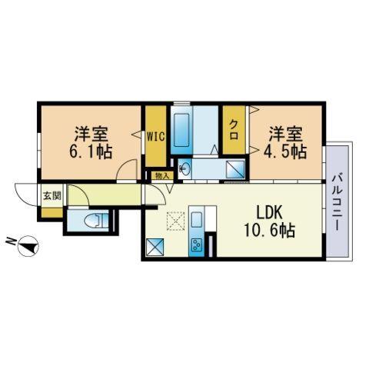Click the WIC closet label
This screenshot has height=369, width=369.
155,136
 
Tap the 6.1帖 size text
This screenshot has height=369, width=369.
91,153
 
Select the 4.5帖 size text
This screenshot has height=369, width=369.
285,152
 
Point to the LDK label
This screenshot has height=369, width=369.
269,214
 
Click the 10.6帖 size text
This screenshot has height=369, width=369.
270,230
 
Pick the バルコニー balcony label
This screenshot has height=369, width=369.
337,201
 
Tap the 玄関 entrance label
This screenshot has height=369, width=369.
52,196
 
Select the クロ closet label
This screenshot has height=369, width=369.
234,129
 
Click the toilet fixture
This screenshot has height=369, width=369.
96,220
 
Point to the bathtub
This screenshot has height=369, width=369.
181,130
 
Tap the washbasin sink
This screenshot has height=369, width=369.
184,168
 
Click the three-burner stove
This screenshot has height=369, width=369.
197,244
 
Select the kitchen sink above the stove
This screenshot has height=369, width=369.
197,220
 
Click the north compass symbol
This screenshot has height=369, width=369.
28,245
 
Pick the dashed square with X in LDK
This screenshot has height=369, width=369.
175,221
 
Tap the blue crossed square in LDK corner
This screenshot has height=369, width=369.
155,247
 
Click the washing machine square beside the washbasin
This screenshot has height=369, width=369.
235,168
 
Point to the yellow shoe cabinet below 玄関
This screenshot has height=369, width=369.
52,213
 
